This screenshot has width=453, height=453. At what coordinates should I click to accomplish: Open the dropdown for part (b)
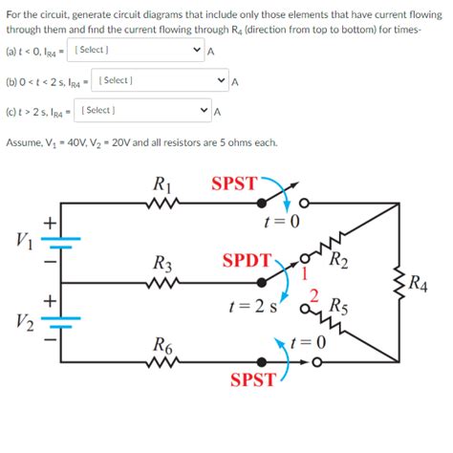point(161,80)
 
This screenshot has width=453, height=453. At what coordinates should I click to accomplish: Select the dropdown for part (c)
point(143,111)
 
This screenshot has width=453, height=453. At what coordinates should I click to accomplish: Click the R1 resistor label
point(162,184)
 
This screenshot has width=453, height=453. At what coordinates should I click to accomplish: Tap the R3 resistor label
point(162,263)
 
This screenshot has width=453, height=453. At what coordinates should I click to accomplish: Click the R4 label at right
point(418,282)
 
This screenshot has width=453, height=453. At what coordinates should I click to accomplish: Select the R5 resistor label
point(338,308)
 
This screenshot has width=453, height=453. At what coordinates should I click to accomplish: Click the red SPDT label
point(246,260)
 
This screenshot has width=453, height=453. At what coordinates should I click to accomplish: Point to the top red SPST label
point(234,183)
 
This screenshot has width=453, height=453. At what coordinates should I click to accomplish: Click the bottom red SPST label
point(253,380)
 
